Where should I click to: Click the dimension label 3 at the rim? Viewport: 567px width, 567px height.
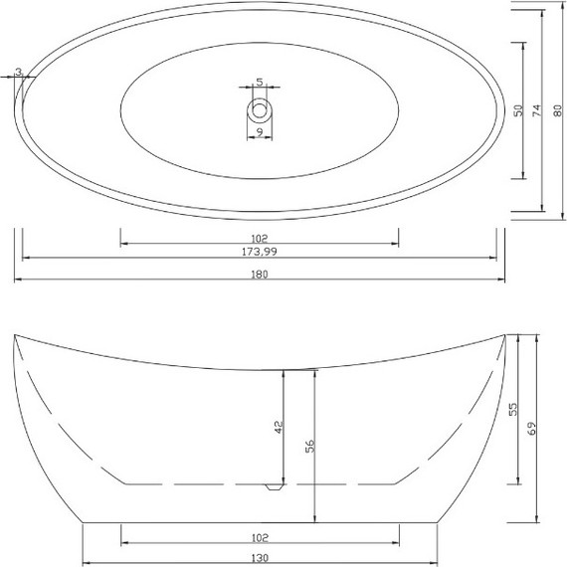[x=20, y=72]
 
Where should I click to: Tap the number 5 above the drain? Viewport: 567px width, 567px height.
[x=260, y=83]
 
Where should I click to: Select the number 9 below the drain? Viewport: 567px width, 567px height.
[x=259, y=131]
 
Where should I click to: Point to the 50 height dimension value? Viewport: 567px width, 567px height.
[x=518, y=110]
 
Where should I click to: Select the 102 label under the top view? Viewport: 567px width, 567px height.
[x=259, y=239]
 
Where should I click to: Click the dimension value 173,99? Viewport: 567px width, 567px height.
[x=259, y=253]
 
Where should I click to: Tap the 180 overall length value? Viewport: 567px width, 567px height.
[x=260, y=275]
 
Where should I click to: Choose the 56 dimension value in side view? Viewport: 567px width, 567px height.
[x=309, y=447]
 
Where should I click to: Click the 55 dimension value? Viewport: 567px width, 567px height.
[x=514, y=409]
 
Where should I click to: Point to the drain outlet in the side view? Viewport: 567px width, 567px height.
[x=274, y=487]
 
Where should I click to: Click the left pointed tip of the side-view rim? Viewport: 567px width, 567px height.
[x=15, y=336]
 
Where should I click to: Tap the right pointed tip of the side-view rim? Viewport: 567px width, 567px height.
[x=503, y=335]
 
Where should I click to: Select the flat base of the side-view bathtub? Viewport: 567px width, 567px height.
[x=259, y=521]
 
